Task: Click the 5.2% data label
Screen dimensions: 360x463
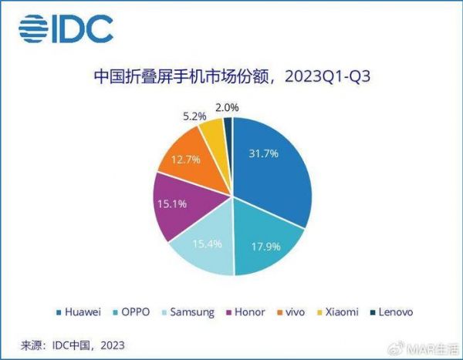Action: (x=194, y=116)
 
